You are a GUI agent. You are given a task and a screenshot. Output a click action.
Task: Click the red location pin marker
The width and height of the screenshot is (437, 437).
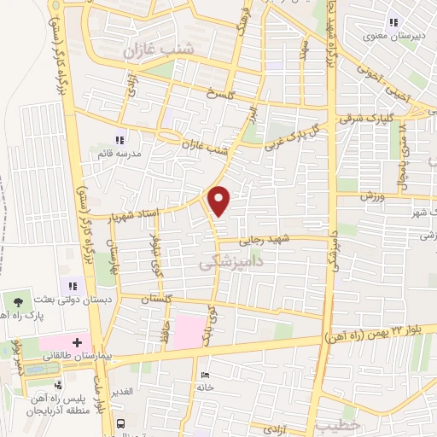(x=220, y=201)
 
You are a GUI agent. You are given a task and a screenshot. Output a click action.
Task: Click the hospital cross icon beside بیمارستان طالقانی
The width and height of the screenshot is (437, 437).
(x=77, y=341)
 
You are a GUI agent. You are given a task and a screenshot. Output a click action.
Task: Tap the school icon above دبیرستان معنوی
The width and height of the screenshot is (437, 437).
(x=393, y=21)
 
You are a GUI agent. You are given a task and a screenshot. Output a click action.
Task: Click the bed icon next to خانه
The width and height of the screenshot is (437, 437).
(x=203, y=375)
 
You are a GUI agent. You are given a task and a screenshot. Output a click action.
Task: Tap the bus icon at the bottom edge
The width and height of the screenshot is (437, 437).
(x=121, y=424)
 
